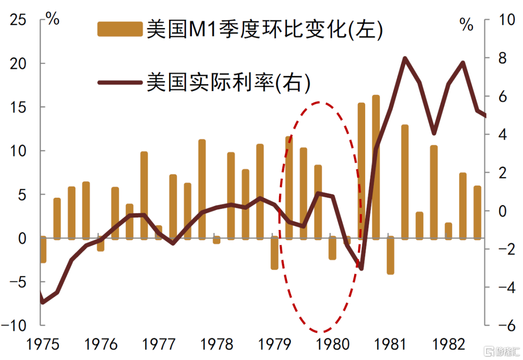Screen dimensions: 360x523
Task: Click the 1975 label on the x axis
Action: [x=43, y=344]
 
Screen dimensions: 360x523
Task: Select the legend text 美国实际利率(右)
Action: [x=228, y=83]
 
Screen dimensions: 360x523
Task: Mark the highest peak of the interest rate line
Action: [x=405, y=59]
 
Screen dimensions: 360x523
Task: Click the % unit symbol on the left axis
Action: [x=52, y=20]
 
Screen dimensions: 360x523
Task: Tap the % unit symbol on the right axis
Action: [x=466, y=25]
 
